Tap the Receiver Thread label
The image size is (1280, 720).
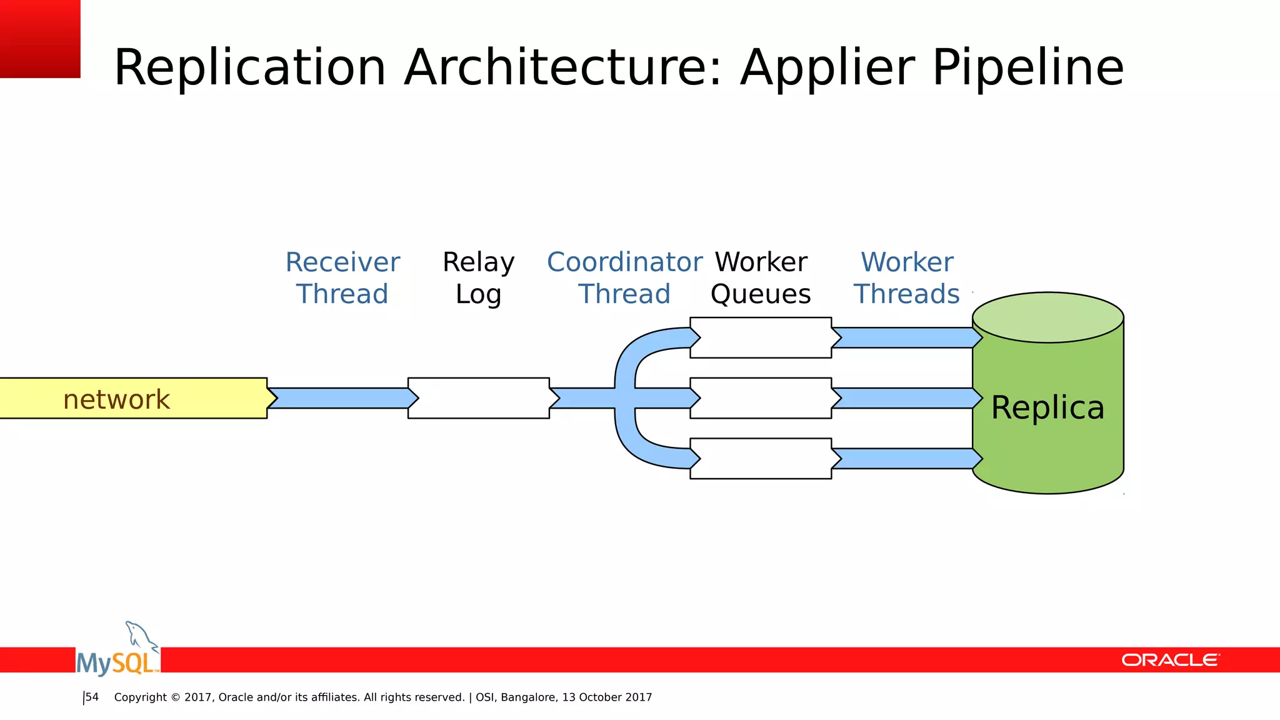(x=342, y=278)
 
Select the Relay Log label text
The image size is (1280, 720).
(x=478, y=278)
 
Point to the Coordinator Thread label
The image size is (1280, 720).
(x=624, y=278)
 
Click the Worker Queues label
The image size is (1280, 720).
(x=761, y=278)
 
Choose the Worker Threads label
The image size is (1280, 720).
(x=906, y=278)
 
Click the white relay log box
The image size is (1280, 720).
(x=479, y=398)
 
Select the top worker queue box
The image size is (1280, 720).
(x=761, y=337)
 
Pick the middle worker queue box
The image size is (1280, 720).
(x=761, y=398)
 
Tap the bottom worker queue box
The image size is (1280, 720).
(x=761, y=459)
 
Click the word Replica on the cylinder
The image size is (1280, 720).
(x=1047, y=407)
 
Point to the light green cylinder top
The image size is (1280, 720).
(x=1047, y=317)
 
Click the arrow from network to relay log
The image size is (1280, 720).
(x=341, y=398)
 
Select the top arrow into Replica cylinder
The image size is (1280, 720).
(x=903, y=337)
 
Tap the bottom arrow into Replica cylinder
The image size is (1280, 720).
(x=903, y=459)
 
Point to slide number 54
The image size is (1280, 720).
(x=92, y=697)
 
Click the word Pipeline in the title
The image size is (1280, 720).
(x=1027, y=67)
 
